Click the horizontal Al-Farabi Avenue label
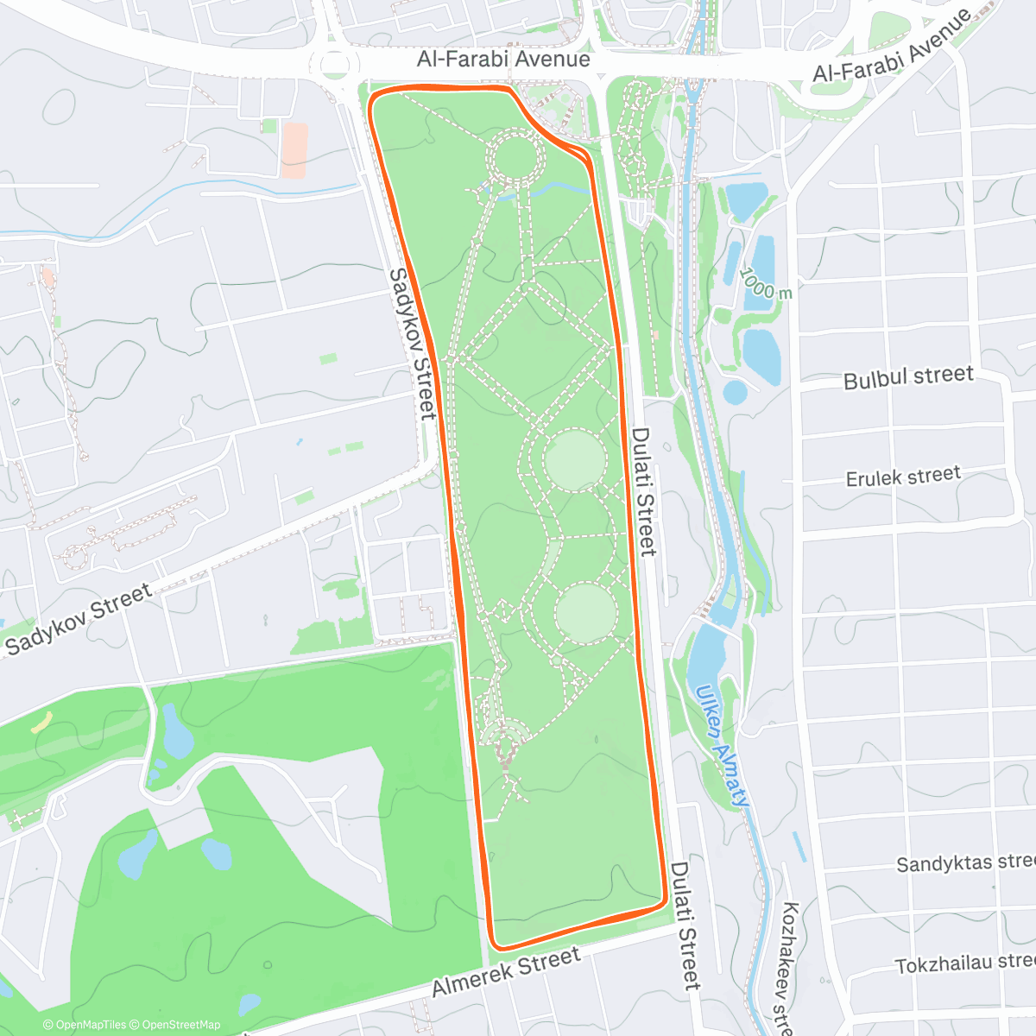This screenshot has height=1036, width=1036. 503,60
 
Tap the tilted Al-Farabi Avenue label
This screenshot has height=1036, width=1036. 893,47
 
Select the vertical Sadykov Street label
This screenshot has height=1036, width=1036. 412,343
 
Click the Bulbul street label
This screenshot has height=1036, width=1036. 908,377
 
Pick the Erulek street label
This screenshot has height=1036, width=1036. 903,477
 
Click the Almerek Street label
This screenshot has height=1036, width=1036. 506,972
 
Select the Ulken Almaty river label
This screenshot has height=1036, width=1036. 722,746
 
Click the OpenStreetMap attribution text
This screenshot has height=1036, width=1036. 181,1025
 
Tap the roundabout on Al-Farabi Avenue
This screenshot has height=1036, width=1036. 335,64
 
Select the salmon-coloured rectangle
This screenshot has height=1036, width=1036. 294,150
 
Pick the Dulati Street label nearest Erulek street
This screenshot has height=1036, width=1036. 643,492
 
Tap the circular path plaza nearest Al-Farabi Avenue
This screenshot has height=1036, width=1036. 515,157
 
